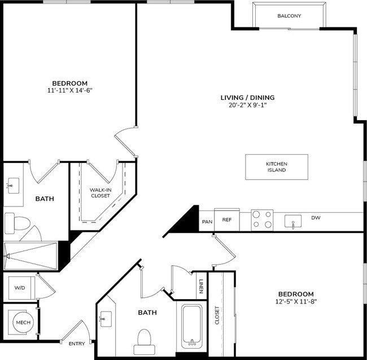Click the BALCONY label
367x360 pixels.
coord(289,16)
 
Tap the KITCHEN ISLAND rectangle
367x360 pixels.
coord(277,166)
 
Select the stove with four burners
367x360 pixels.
coord(262,220)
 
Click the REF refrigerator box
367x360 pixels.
coord(226,219)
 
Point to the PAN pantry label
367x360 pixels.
coord(207,222)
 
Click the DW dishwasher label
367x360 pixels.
coord(316,217)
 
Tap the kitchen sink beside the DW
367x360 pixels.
coord(293,221)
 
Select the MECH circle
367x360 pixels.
coord(23,322)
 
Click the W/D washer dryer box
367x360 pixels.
coord(20,288)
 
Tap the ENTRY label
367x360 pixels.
coord(77,344)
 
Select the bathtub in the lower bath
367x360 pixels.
coord(193,327)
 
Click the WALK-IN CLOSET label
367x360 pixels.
coord(100,193)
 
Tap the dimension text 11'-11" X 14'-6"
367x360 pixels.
coord(70,90)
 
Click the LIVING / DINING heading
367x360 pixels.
coord(243,97)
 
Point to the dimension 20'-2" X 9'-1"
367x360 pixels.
coord(243,105)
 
